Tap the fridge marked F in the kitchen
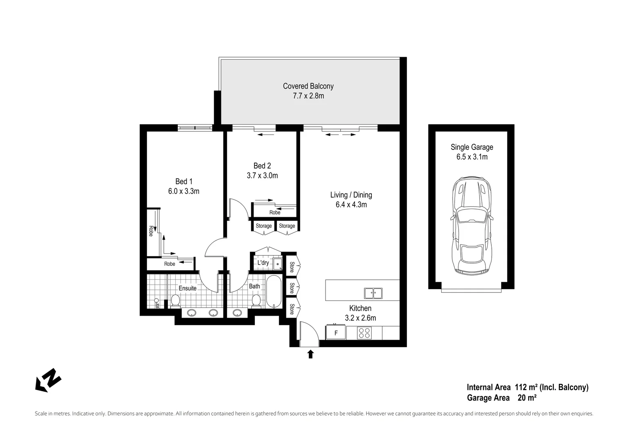coord(336,333)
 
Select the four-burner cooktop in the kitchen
coord(364,333)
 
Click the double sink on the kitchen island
coord(373,293)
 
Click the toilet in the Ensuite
coord(175,301)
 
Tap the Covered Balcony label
coord(308,86)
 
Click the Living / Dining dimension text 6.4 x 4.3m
coord(351,205)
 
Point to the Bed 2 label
coord(262,166)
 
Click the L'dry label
coord(263,263)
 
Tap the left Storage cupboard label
coord(263,226)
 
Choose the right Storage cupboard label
coord(287,226)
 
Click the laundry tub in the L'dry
coord(277,264)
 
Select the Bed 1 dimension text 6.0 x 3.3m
coord(183,191)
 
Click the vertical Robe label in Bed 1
coord(151,231)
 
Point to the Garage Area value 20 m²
coord(527,398)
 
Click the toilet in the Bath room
coord(256,301)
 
